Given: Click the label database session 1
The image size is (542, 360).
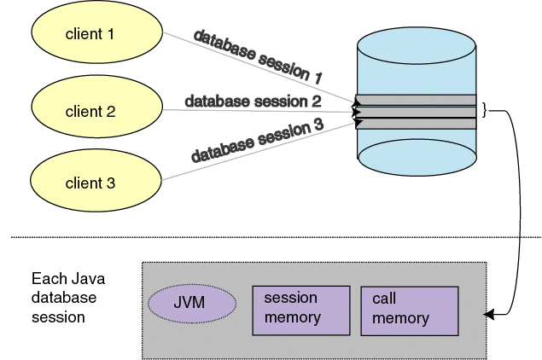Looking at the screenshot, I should [x=257, y=56].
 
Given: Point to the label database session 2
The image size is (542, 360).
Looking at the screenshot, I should [x=253, y=102].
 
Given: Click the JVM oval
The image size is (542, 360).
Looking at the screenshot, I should [x=192, y=303].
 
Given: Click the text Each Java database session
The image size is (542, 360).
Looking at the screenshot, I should [x=64, y=298].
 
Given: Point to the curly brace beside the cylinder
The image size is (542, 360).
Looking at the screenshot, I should [x=484, y=111].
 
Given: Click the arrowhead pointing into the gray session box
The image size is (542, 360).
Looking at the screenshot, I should [x=489, y=315].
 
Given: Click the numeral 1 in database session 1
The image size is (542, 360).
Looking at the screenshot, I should [x=317, y=78].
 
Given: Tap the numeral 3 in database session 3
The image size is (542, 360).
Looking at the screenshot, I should [x=318, y=123].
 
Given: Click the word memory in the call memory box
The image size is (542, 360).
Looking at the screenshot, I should [x=400, y=318].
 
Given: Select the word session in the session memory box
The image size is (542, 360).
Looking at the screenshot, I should [x=290, y=298].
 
